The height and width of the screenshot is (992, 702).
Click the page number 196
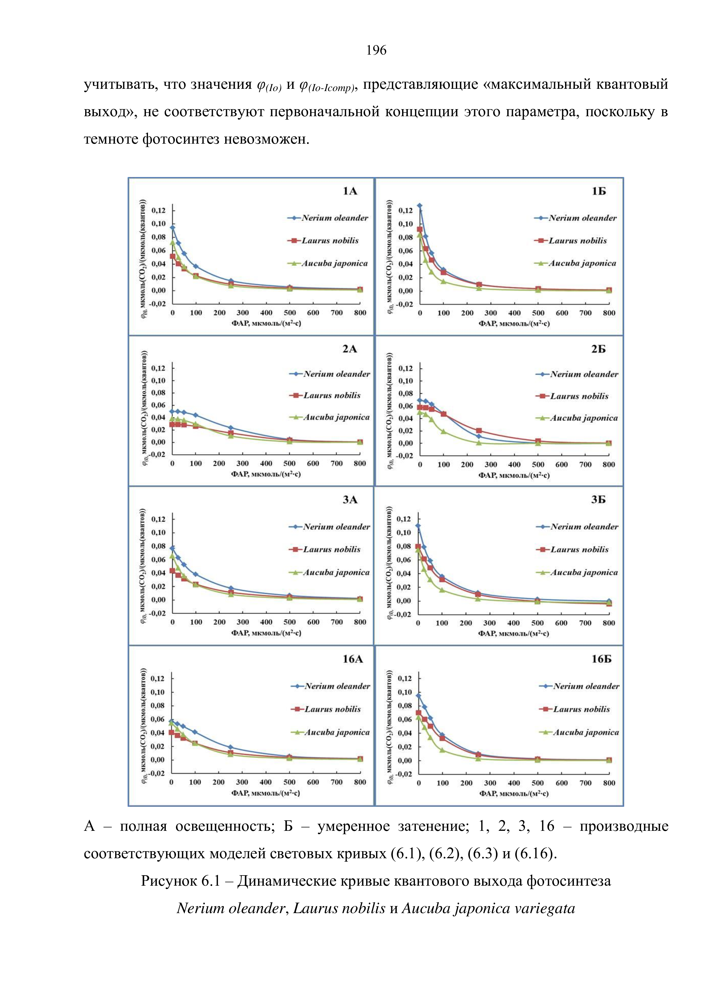point(376,51)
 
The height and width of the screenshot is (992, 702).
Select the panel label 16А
point(353,659)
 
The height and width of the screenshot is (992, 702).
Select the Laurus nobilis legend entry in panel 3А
point(331,549)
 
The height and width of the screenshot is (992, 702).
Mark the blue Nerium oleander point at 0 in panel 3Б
point(418,526)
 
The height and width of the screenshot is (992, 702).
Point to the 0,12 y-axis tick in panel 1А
point(159,210)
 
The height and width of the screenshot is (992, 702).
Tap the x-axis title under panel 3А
point(266,633)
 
